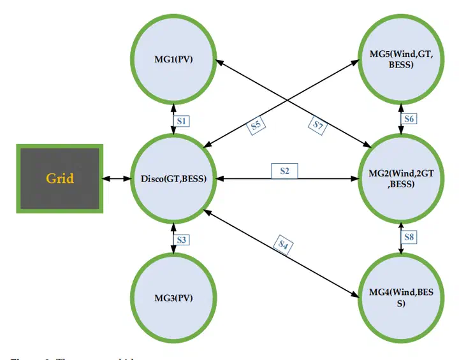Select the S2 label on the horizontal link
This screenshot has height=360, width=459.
click(285, 171)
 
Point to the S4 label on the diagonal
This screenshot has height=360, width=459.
click(282, 245)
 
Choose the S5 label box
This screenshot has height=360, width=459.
click(256, 125)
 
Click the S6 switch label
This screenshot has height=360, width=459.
click(409, 119)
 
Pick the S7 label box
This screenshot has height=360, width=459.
click(319, 125)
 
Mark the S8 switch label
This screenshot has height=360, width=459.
click(409, 237)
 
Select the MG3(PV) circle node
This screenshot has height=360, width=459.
click(174, 297)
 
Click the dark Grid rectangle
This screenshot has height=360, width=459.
click(60, 178)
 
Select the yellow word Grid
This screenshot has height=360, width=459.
click(60, 178)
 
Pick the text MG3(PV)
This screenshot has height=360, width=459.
click(174, 297)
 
